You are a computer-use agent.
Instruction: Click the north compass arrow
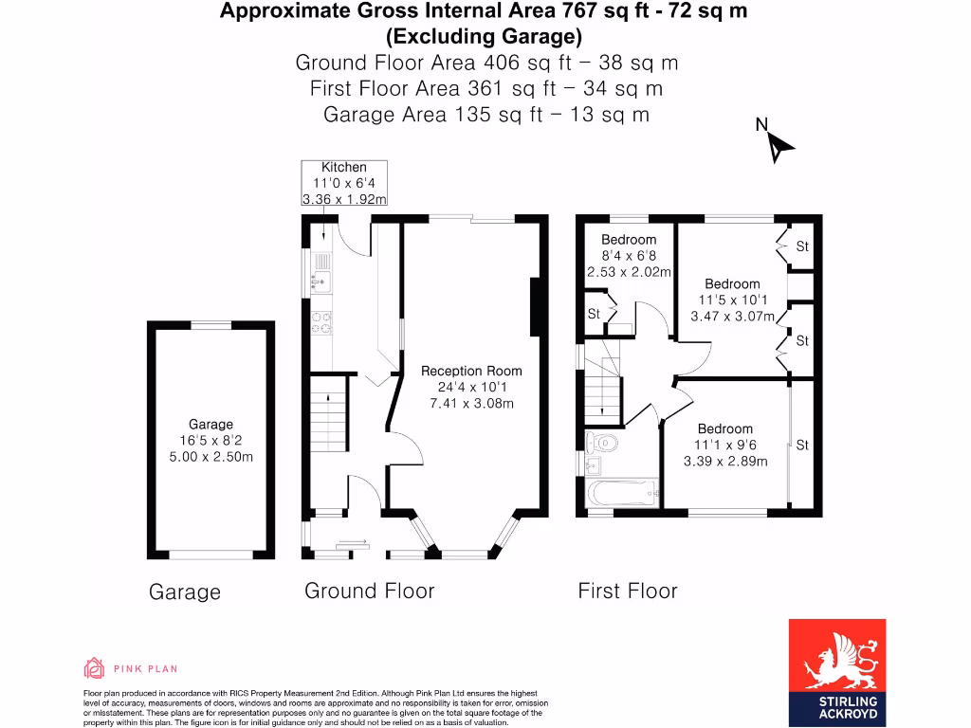point(779,146)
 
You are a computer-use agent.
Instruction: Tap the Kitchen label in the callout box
point(343,167)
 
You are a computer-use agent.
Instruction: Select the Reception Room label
point(471,372)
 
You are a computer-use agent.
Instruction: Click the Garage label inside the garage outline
point(210,425)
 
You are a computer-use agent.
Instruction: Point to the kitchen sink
point(321,279)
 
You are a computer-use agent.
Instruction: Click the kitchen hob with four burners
point(321,323)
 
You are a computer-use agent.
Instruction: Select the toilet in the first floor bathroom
point(602,442)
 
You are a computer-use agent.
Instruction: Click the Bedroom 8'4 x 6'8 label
point(628,240)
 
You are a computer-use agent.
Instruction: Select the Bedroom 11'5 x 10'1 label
point(732,283)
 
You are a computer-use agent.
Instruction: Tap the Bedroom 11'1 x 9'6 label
point(725,429)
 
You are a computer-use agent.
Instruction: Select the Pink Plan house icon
point(94,668)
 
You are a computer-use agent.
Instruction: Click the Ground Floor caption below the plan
point(369,591)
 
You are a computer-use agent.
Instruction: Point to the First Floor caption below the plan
point(628,591)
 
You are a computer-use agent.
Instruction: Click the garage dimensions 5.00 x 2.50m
point(210,457)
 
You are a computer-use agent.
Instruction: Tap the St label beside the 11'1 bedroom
point(802,445)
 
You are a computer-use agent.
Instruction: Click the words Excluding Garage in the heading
point(484,37)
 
